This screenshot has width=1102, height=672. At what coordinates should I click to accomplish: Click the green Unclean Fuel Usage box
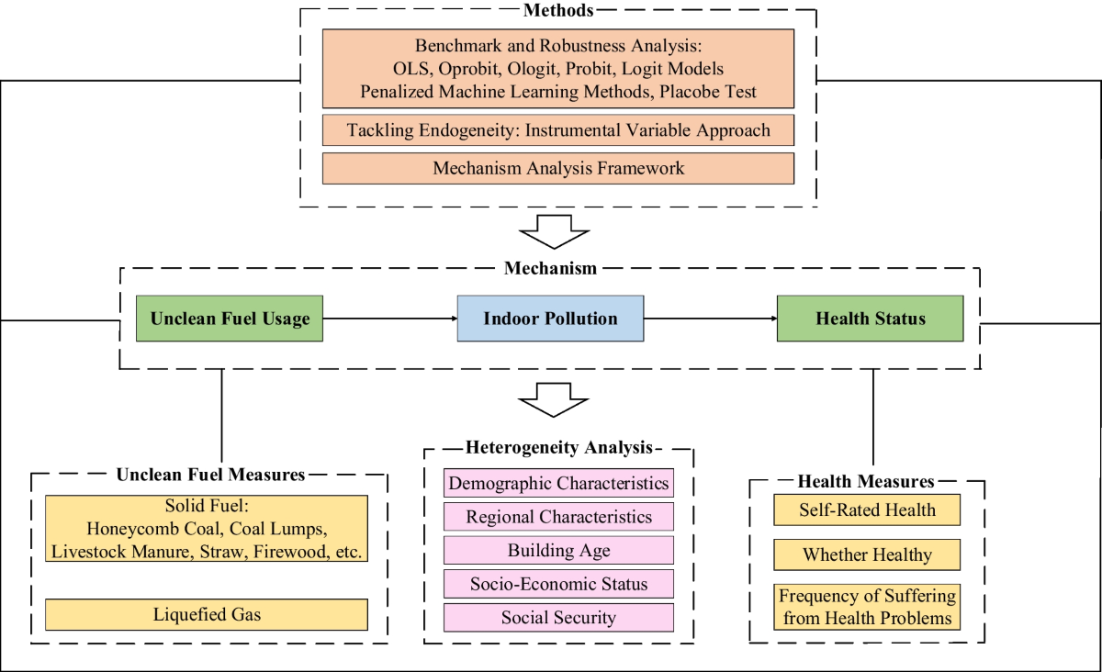point(230,319)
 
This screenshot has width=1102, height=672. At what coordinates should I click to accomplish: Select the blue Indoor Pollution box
point(550,319)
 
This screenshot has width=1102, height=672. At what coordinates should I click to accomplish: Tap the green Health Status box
point(870,319)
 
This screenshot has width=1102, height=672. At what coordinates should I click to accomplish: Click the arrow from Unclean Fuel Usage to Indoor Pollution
point(390,319)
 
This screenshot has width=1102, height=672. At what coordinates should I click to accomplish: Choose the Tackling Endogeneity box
point(558,130)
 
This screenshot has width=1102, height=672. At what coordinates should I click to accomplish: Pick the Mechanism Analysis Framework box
point(558,168)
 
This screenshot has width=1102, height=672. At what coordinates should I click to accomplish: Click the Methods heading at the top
point(558,11)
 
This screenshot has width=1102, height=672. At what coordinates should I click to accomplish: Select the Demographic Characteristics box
point(558,483)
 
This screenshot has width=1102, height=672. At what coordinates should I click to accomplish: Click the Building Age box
point(558,551)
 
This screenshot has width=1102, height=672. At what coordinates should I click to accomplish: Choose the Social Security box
point(558,617)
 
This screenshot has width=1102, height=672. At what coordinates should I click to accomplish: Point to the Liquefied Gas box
point(207,614)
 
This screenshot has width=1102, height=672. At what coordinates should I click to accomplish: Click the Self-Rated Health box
point(867,510)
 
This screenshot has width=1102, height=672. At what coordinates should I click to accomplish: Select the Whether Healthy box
point(867,554)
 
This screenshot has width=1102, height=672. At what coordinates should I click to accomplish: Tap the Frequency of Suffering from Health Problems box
point(867,607)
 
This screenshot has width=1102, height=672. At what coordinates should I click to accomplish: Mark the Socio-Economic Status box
point(558,584)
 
